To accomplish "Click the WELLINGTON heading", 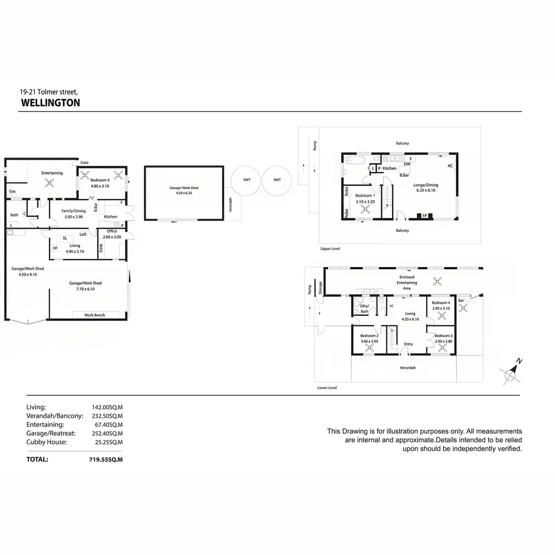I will coord(50,103).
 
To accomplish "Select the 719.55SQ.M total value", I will coord(106,459).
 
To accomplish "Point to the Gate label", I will coord(84,163).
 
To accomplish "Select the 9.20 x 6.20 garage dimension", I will coord(183,193).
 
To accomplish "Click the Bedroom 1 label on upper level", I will coord(365,196).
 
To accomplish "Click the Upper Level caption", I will coord(330,249).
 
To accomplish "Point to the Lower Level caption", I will coord(327,388).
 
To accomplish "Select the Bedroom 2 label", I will coord(369,336).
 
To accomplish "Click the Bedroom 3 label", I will coord(443,336).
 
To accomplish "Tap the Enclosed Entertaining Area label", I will coord(407,283).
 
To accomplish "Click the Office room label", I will coord(112,231).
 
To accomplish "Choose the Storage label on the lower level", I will coord(320,286).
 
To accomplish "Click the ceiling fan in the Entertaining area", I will coord(50,182).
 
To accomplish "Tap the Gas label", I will coord(12,191).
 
